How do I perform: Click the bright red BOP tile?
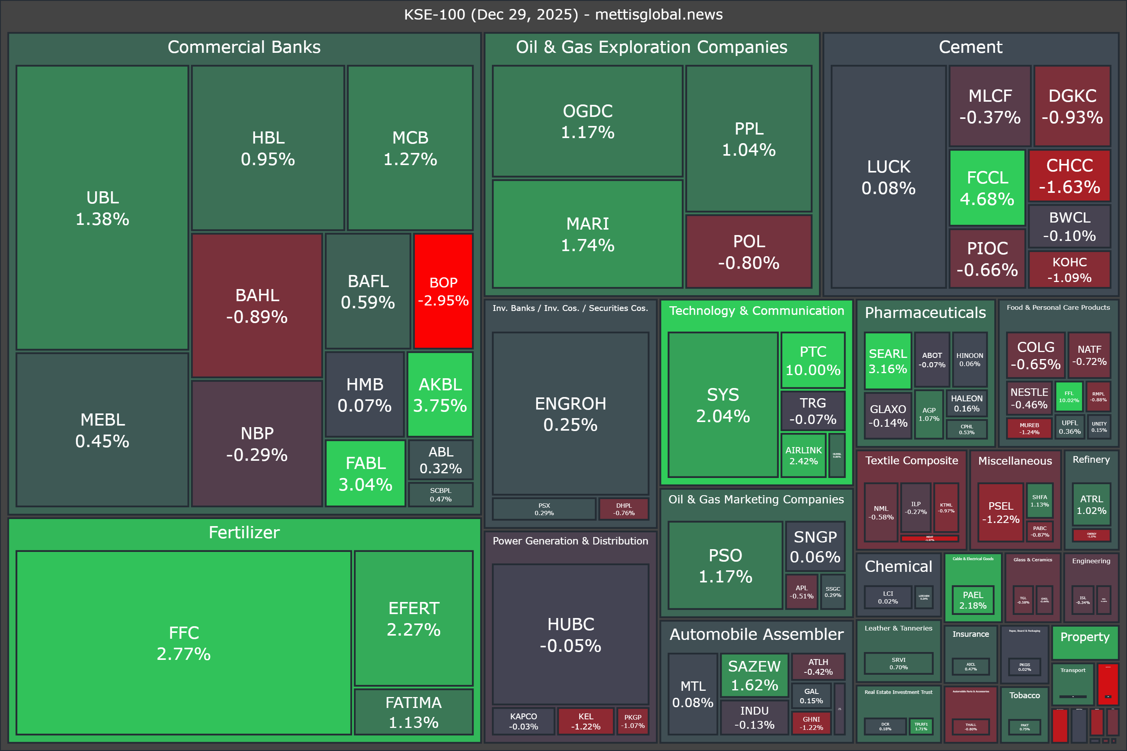[443, 291]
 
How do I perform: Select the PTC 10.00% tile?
[813, 360]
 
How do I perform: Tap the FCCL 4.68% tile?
[987, 188]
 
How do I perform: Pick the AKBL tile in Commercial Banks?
[440, 395]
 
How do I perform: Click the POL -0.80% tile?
[749, 252]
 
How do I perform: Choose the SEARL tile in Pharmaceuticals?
[888, 361]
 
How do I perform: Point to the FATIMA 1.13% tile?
[414, 712]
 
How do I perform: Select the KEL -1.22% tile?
[585, 721]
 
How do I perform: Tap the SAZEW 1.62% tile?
[754, 676]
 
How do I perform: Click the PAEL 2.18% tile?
[973, 600]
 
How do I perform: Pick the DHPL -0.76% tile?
[624, 509]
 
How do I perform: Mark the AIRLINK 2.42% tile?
[803, 455]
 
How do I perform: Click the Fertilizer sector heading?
[244, 533]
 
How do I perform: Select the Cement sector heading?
[970, 47]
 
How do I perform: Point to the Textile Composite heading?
[911, 460]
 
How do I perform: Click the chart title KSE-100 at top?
[563, 14]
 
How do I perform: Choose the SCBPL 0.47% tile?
[440, 495]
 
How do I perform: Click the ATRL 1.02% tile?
[1091, 505]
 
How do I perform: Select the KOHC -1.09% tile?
[1069, 269]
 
